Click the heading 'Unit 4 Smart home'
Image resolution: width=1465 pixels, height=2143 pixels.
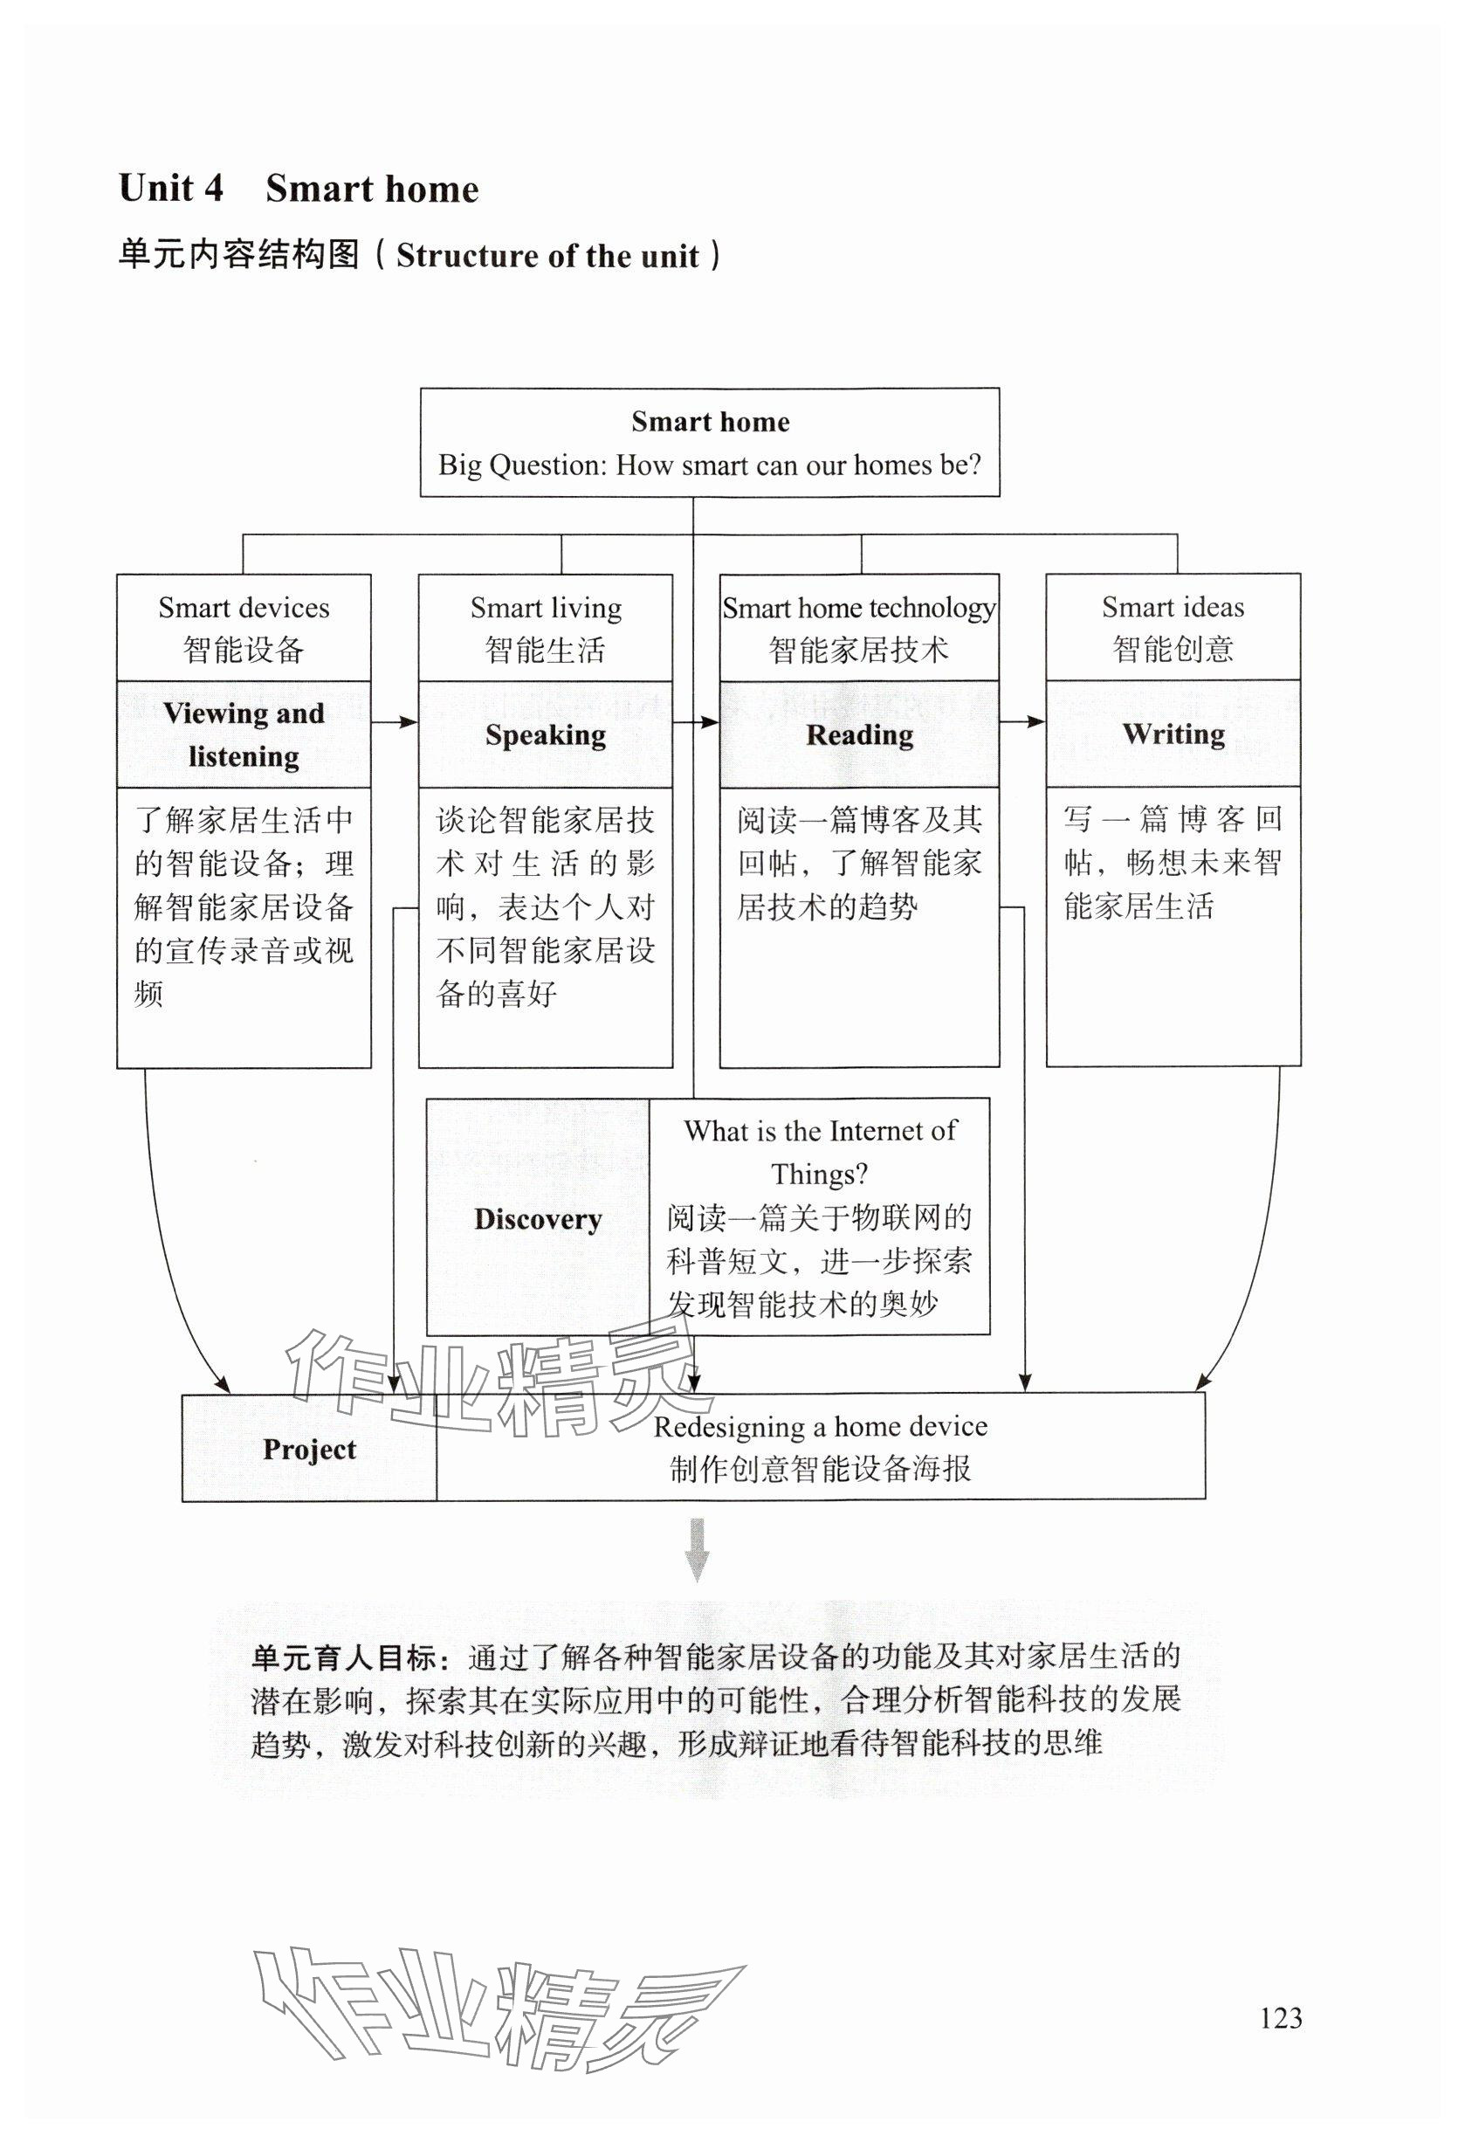pos(299,188)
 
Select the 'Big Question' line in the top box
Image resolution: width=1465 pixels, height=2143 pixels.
pos(709,465)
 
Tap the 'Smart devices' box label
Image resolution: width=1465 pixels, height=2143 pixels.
pos(244,608)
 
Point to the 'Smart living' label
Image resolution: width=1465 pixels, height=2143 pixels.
pos(545,608)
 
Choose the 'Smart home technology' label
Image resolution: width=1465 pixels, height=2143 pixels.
pos(858,608)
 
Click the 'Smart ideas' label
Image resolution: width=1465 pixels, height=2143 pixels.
pos(1172,607)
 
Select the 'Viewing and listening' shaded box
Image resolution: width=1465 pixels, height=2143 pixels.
pos(244,734)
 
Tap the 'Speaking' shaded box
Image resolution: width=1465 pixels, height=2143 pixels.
pos(545,735)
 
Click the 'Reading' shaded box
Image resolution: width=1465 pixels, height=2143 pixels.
pos(859,735)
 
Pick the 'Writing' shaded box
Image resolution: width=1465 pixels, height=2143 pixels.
pos(1173,734)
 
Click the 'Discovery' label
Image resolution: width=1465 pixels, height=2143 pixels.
pos(538,1219)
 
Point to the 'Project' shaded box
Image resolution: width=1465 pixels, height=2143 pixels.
pos(309,1449)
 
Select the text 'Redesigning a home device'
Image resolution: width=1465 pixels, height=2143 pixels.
pos(820,1427)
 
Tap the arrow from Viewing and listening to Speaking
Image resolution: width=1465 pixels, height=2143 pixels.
pos(395,722)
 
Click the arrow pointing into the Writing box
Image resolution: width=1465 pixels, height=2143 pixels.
pos(1022,721)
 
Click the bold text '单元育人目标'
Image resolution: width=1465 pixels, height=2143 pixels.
pos(343,1658)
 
